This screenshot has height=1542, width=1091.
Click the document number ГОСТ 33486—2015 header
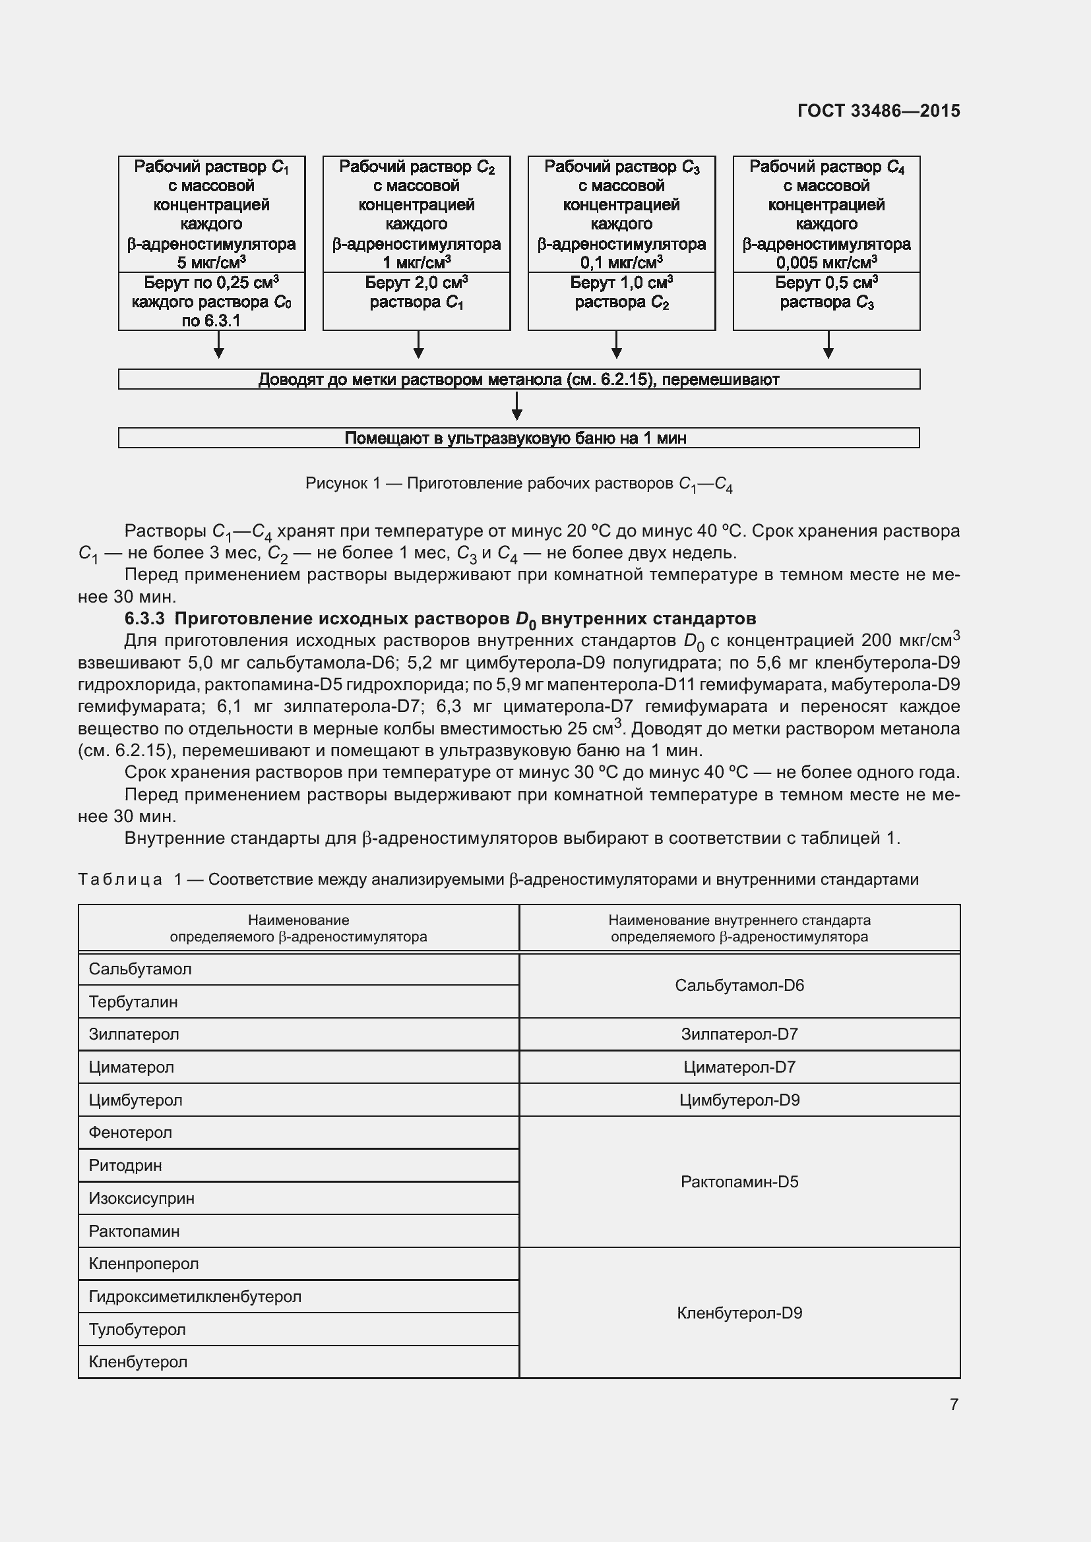tap(878, 111)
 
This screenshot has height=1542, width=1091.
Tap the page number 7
tap(954, 1404)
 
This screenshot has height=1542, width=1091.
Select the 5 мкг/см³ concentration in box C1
tap(211, 262)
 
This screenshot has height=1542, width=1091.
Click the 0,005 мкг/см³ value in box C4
tap(826, 262)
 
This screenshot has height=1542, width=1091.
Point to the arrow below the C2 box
tap(418, 345)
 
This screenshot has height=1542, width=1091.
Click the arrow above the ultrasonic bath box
tap(516, 407)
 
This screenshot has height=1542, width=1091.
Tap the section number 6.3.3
tap(144, 618)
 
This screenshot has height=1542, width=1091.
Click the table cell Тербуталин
tap(134, 1001)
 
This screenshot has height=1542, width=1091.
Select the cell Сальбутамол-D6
tap(739, 985)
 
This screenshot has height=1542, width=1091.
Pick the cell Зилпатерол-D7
tap(739, 1034)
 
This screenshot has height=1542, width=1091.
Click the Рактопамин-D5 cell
tap(739, 1182)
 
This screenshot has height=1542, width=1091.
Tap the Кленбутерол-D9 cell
tap(739, 1313)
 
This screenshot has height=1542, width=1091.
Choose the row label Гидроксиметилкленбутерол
tap(195, 1296)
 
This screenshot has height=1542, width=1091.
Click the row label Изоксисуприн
tap(142, 1198)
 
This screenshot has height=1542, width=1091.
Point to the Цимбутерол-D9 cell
tap(739, 1100)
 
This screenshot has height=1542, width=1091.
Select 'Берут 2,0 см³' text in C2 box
tap(416, 283)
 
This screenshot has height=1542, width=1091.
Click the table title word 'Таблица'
tap(120, 879)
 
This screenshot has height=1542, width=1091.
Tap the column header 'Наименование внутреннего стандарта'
tap(739, 920)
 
